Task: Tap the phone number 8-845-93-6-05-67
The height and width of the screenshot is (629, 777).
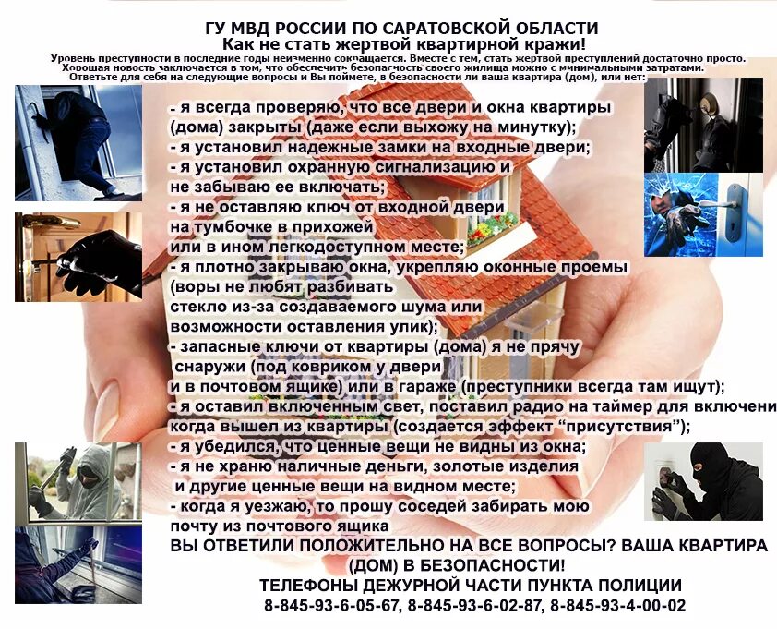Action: point(330,606)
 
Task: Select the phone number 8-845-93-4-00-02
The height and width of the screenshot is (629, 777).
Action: point(617,606)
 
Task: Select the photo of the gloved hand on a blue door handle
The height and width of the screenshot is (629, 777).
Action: point(703,214)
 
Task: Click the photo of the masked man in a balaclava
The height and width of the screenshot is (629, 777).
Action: point(703,481)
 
